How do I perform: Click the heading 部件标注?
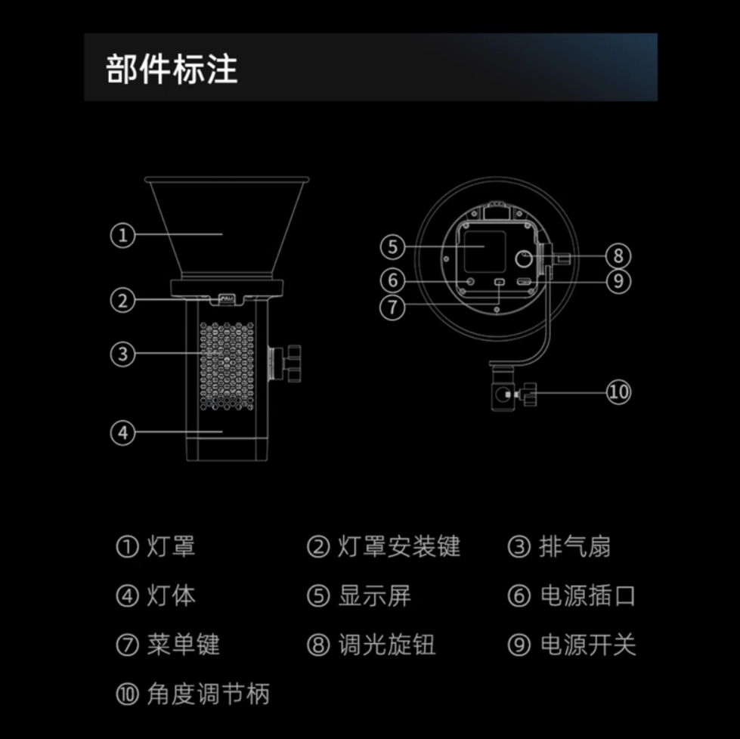click(172, 69)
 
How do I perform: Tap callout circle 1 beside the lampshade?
click(122, 235)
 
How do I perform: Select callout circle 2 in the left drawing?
click(122, 301)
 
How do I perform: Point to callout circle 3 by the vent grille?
click(122, 354)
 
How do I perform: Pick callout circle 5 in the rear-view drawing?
click(392, 247)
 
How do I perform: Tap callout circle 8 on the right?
click(618, 256)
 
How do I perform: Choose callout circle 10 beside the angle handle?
click(618, 392)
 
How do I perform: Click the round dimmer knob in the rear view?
click(523, 258)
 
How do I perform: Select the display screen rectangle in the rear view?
click(485, 252)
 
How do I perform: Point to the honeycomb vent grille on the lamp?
click(227, 366)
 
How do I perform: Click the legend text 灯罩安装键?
click(399, 546)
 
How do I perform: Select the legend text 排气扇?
click(574, 546)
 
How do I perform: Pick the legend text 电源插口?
click(587, 595)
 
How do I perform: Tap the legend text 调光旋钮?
click(386, 645)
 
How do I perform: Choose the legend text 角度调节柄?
click(208, 694)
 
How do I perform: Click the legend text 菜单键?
click(183, 645)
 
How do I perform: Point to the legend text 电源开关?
click(588, 645)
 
